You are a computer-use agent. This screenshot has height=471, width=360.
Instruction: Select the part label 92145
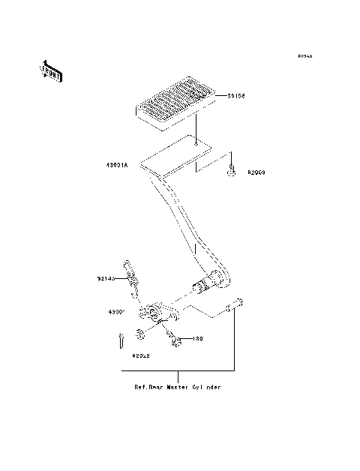tap(106, 278)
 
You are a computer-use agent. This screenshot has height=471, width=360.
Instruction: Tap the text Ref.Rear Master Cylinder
tap(178, 388)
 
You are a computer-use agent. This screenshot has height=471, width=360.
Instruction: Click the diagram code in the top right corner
tap(304, 57)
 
